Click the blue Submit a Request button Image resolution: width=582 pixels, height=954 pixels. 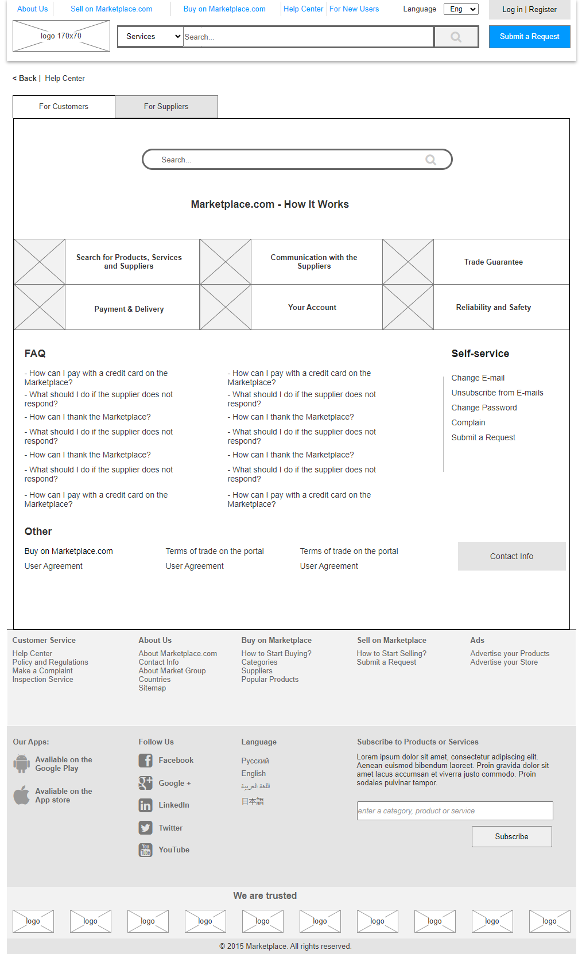tap(529, 37)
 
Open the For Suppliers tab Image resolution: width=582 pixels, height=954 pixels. tap(166, 107)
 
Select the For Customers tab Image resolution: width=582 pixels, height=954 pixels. tap(64, 107)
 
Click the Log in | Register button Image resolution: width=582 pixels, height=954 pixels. tap(529, 10)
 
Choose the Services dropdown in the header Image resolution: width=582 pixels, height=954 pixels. tap(150, 37)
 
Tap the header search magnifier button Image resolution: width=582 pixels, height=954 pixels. tap(456, 37)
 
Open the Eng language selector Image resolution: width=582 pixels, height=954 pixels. tap(461, 9)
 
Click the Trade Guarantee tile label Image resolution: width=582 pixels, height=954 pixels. tap(494, 262)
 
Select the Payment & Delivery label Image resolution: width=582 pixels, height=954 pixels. tap(129, 309)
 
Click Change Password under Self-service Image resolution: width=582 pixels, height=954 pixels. tap(484, 408)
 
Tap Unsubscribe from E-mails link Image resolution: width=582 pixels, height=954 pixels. tap(497, 393)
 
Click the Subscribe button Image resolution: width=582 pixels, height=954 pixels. tap(511, 836)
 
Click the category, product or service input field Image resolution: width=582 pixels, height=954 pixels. tap(455, 810)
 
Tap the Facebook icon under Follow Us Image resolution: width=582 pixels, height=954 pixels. tap(145, 761)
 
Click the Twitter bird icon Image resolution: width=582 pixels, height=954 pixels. tap(145, 828)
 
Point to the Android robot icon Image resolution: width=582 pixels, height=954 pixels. tap(22, 763)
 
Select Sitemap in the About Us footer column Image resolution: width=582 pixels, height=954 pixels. tap(152, 688)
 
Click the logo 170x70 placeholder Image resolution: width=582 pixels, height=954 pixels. tap(61, 36)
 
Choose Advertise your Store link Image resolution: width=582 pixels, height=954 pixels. tap(504, 662)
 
